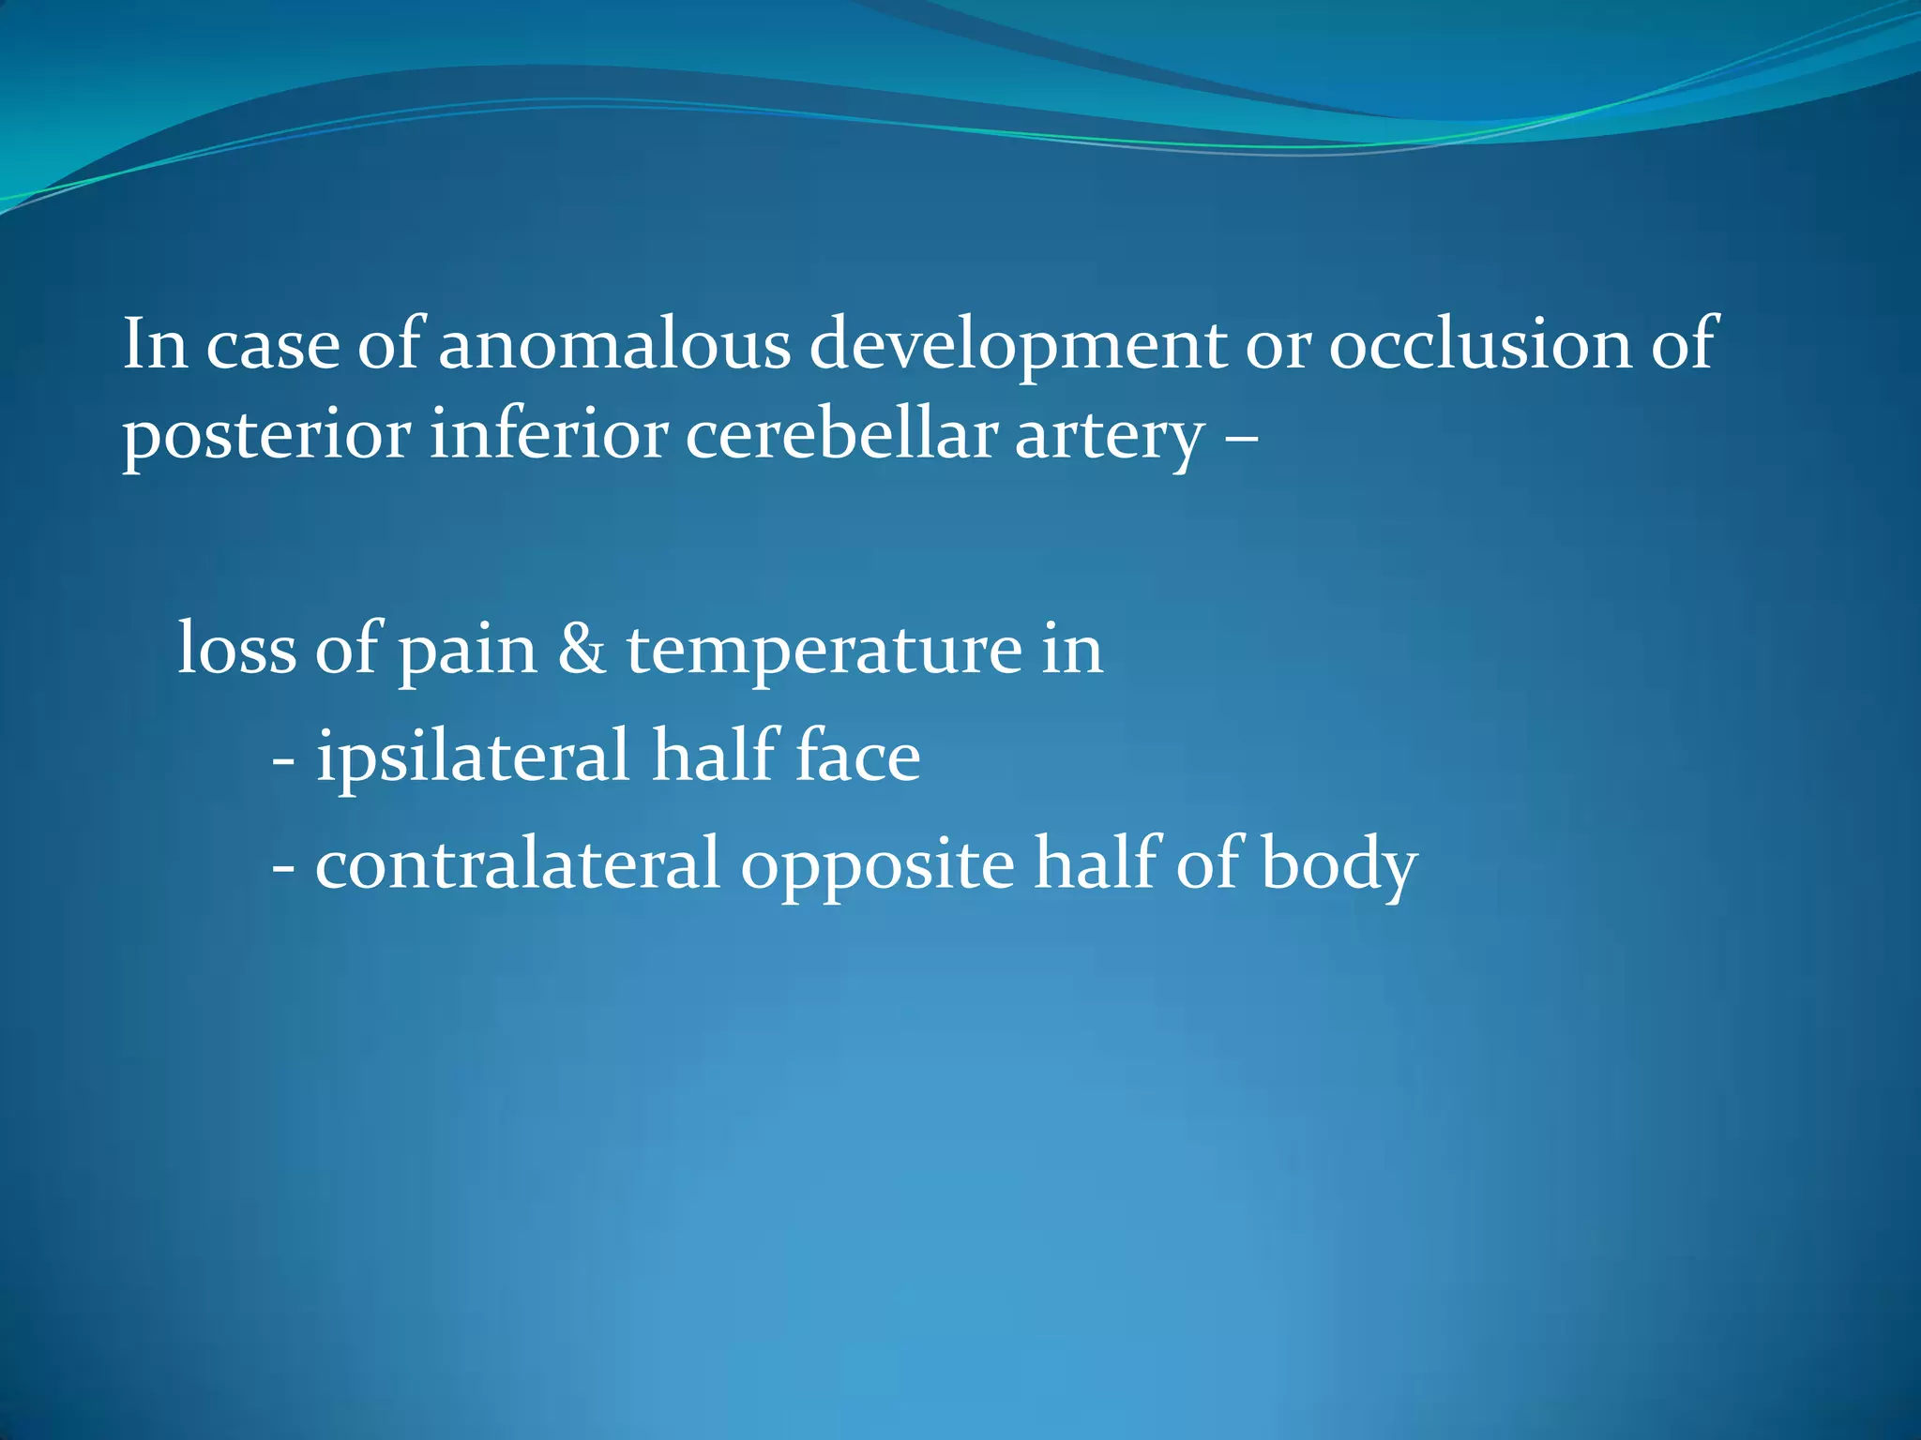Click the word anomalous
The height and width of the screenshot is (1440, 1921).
(614, 345)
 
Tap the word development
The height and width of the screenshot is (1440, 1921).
(1018, 345)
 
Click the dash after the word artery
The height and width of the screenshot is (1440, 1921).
(1242, 437)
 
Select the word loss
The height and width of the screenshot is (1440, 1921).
(236, 649)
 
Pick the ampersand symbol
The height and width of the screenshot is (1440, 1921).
(582, 649)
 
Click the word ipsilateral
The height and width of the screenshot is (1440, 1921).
(472, 757)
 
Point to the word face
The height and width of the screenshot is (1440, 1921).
(857, 757)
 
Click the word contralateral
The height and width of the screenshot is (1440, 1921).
(517, 863)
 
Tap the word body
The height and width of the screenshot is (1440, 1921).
(1339, 865)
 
